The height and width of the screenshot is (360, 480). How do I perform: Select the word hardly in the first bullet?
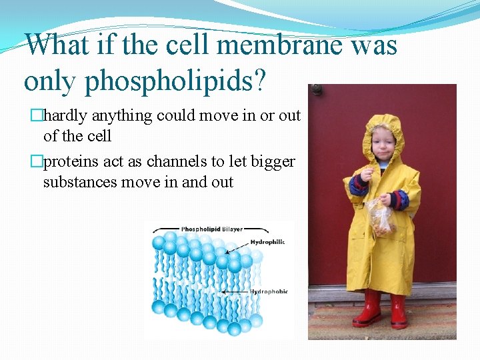point(66,116)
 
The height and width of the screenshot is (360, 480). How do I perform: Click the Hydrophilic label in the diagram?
point(267,242)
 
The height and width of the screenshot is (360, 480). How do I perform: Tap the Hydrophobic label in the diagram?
point(269,291)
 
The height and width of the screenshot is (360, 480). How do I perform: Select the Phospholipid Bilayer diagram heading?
point(213,229)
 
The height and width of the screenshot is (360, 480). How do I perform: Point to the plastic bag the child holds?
point(382,217)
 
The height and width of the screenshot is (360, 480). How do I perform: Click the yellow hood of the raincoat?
point(383,133)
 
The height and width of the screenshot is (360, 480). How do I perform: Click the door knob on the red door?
point(317,89)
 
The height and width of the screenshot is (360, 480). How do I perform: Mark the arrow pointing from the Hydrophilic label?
point(237,248)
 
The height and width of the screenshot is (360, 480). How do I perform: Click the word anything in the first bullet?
point(122,116)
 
